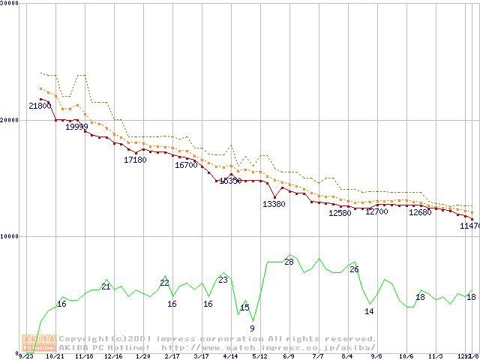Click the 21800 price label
pos(40,106)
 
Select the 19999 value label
pos(76,127)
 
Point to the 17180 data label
pos(135,160)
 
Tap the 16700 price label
pos(186,165)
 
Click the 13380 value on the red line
pos(274,204)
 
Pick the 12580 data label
pos(340,213)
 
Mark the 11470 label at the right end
pos(470,226)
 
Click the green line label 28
pos(289,262)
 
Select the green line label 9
pos(252,328)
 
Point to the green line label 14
pos(369,311)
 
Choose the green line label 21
pos(106,286)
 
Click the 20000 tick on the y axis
pos(10,119)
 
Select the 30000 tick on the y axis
pos(10,3)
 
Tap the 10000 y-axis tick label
pos(10,235)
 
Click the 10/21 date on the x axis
pos(55,357)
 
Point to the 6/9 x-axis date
pos(289,357)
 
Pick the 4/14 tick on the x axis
pos(230,357)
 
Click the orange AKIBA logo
pos(38,342)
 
